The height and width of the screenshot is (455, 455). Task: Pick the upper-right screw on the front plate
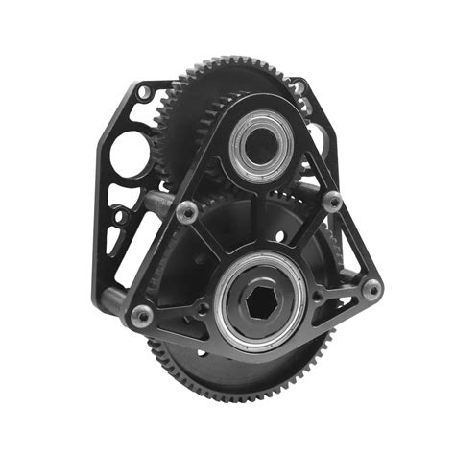click(x=332, y=202)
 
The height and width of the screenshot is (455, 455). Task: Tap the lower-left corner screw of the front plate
click(x=142, y=315)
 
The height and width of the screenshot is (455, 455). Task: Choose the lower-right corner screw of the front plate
click(x=371, y=288)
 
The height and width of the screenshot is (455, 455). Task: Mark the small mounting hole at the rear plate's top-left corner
click(x=143, y=93)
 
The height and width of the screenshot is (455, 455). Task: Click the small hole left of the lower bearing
click(x=203, y=309)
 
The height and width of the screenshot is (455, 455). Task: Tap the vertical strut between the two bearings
click(x=259, y=216)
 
